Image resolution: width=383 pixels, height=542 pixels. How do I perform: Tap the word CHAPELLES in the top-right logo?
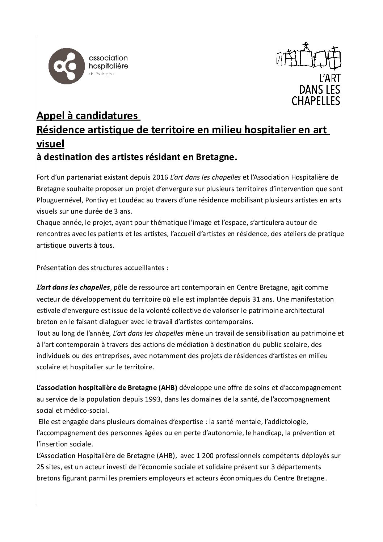pos(316,100)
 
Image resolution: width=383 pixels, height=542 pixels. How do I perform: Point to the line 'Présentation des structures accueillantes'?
pos(102,268)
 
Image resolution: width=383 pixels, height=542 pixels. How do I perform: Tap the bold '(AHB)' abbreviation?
pos(168,388)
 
